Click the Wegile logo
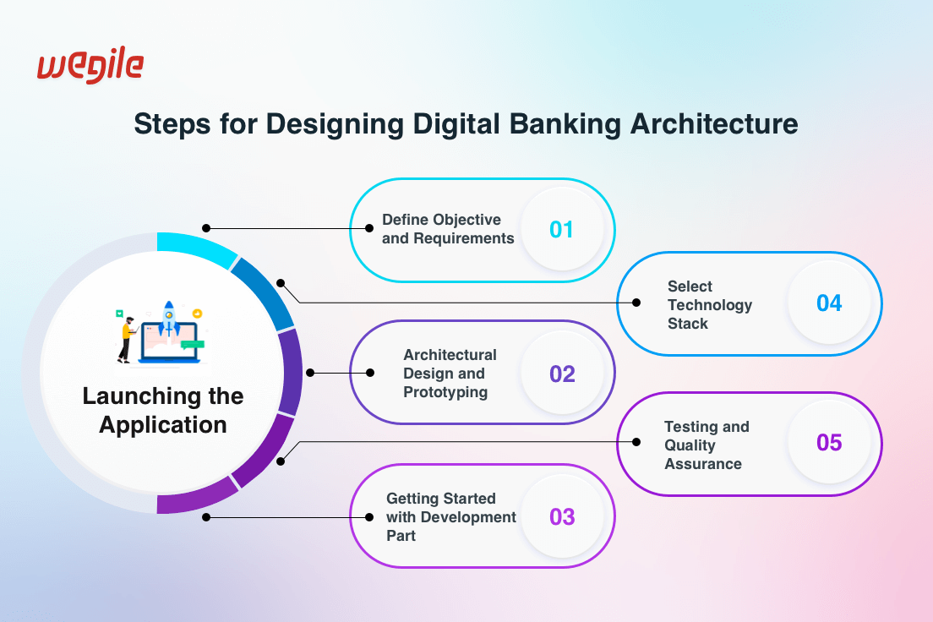[x=90, y=67]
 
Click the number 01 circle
[x=561, y=229]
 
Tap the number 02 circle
[x=562, y=374]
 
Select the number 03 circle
[x=562, y=516]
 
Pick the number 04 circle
[x=829, y=303]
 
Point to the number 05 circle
[x=829, y=443]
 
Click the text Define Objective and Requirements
[x=448, y=229]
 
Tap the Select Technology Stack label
[x=709, y=304]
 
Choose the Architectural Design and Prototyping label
[x=450, y=374]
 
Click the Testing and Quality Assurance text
[x=707, y=445]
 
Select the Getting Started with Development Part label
[x=450, y=516]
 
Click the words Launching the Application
[x=163, y=410]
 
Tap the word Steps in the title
[x=172, y=124]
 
